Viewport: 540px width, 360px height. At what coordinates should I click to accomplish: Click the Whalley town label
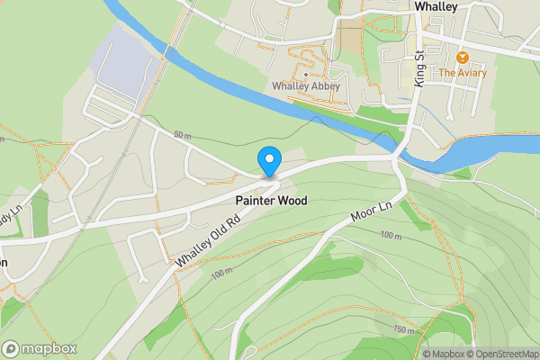pyautogui.click(x=436, y=6)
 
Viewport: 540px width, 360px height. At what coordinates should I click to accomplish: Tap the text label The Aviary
pyautogui.click(x=462, y=73)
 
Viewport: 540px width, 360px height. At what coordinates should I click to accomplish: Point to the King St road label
pyautogui.click(x=419, y=67)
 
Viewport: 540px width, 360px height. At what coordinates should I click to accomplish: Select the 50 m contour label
pyautogui.click(x=183, y=135)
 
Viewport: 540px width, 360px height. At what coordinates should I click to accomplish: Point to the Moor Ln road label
pyautogui.click(x=373, y=213)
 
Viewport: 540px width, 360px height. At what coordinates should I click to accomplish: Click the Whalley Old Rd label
pyautogui.click(x=208, y=239)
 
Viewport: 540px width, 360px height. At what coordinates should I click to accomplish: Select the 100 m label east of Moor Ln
pyautogui.click(x=390, y=235)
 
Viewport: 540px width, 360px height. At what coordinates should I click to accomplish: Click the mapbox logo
pyautogui.click(x=40, y=349)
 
